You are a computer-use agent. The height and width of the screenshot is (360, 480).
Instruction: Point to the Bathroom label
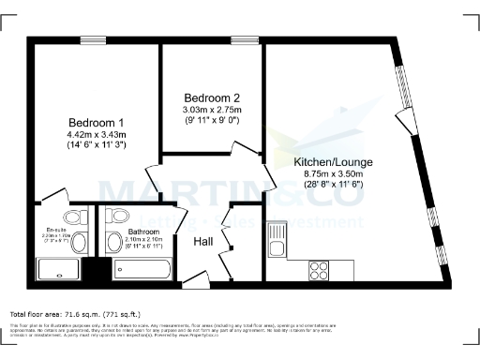coord(143,231)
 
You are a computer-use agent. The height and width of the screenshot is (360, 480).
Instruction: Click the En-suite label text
coord(57,230)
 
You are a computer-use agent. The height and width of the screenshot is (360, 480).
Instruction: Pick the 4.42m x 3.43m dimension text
coord(97,135)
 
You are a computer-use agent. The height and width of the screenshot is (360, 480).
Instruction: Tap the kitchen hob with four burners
coord(318,268)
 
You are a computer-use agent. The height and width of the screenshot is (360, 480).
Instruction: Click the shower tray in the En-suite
coord(58,269)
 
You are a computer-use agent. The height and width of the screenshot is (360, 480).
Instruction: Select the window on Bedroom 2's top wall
coord(245,39)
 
